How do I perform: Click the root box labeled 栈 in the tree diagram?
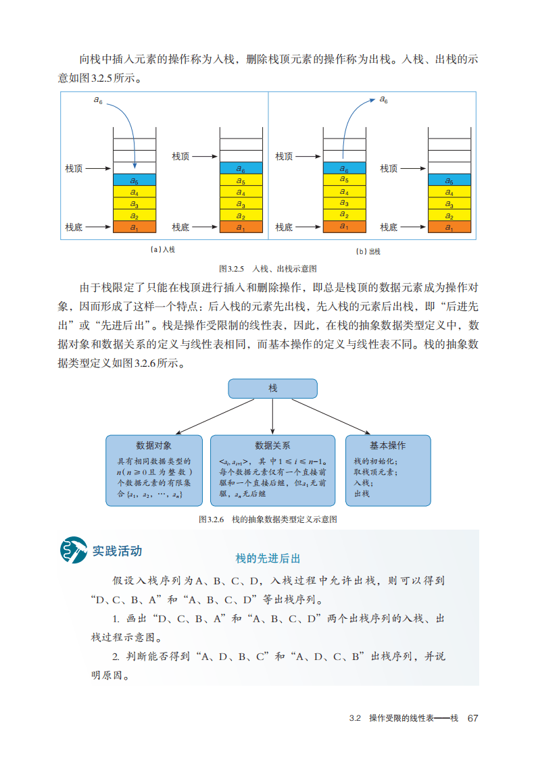click(272, 388)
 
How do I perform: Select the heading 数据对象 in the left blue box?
click(154, 446)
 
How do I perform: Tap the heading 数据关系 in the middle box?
click(272, 446)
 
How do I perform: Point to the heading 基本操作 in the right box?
click(387, 446)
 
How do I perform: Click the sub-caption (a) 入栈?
click(163, 250)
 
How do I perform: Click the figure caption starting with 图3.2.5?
click(268, 268)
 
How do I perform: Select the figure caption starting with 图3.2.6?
click(268, 520)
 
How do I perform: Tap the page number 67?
click(472, 717)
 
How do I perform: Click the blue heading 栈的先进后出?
click(268, 559)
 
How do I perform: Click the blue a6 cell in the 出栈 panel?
click(344, 168)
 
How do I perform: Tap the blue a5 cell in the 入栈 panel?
click(135, 180)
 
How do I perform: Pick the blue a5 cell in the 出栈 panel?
click(449, 180)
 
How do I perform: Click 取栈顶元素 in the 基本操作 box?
click(375, 472)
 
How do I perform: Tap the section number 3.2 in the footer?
click(356, 718)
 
